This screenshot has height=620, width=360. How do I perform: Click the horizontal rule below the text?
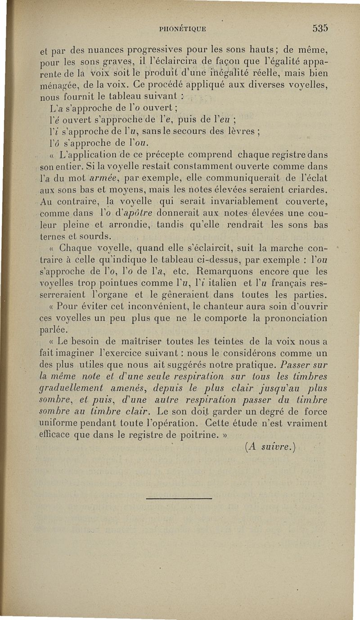pyautogui.click(x=179, y=498)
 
